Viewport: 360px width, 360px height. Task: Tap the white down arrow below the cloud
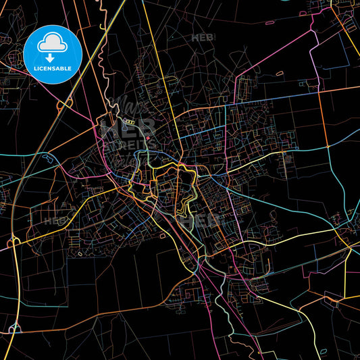point(52,58)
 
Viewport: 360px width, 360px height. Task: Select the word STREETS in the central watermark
point(128,144)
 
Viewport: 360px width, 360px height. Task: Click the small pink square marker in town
point(149,138)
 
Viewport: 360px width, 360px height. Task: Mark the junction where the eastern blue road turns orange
point(328,145)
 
